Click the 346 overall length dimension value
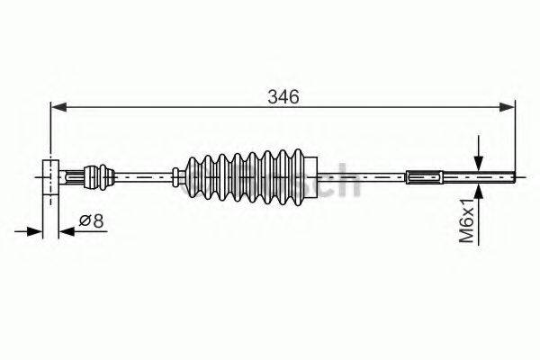point(282,96)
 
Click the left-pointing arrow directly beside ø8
point(65,231)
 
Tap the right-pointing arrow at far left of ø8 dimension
point(36,231)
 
